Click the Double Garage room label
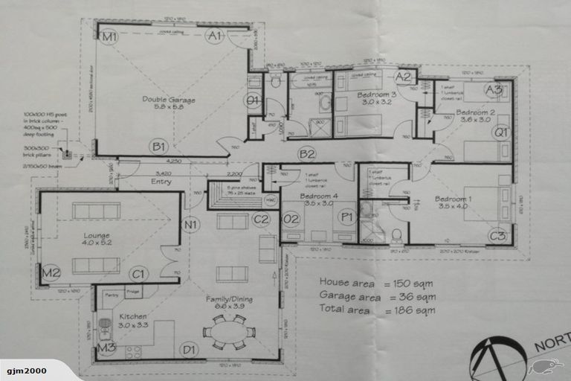[x=164, y=102]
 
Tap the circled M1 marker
[x=110, y=36]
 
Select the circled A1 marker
[x=215, y=36]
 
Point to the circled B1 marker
[x=158, y=146]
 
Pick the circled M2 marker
[x=51, y=273]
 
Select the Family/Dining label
[x=229, y=301]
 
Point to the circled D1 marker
[x=190, y=349]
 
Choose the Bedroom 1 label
[x=453, y=203]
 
